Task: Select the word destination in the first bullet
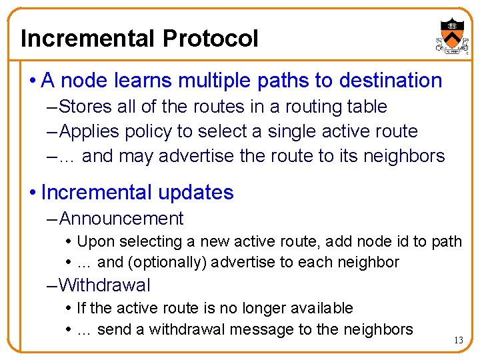pyautogui.click(x=391, y=81)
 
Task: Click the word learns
pyautogui.click(x=144, y=81)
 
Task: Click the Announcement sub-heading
pyautogui.click(x=121, y=219)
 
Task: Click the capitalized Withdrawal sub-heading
pyautogui.click(x=105, y=285)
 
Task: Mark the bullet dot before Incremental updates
pyautogui.click(x=33, y=193)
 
